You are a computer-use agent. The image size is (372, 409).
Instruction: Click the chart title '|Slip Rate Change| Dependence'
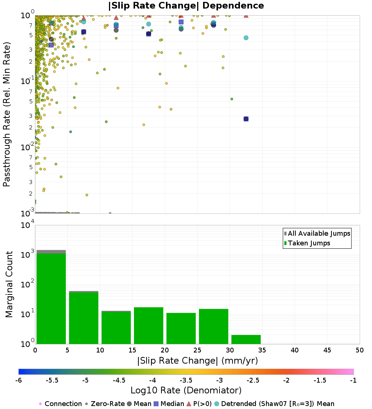coord(186,6)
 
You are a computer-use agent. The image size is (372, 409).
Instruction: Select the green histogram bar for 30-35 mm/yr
coord(246,339)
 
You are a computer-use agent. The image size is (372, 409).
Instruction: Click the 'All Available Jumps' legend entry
coord(319,234)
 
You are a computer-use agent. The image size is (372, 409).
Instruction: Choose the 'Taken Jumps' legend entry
coord(309,243)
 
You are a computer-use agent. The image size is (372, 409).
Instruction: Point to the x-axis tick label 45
coord(327,350)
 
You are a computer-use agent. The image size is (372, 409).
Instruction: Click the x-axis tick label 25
coord(197,350)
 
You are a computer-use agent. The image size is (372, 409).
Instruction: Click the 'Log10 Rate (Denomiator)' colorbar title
coord(186,390)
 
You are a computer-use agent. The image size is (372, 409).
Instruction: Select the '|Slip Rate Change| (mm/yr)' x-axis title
coord(197,361)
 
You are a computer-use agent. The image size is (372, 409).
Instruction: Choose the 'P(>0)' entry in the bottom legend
coord(199,404)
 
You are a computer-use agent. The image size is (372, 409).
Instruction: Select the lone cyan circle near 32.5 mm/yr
coord(246,38)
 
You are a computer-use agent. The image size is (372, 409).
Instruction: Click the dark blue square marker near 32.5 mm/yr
coord(246,119)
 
